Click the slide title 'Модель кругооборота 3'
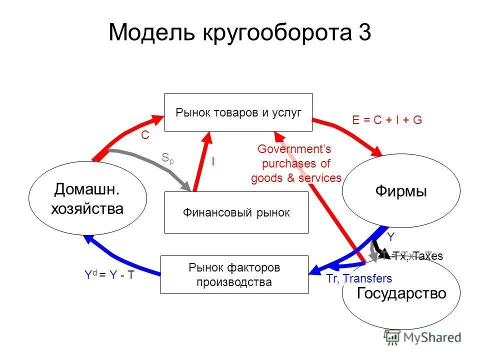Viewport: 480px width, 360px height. point(239,33)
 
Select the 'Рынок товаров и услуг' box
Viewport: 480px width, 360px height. point(238,112)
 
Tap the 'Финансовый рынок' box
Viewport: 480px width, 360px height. point(236,212)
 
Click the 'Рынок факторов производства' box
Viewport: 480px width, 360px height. point(234,274)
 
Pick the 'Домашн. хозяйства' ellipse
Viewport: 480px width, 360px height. point(87,198)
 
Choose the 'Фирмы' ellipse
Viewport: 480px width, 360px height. point(400,192)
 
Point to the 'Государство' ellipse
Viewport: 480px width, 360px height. point(401,293)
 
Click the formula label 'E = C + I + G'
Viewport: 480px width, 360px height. point(387,120)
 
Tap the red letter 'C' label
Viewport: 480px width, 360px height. point(145,135)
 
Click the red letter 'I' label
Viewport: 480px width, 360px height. point(213,161)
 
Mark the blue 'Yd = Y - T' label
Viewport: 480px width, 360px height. point(109,274)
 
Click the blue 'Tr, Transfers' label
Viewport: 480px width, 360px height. point(359,278)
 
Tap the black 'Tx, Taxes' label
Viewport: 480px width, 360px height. point(417,256)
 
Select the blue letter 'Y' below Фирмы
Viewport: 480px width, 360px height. point(391,236)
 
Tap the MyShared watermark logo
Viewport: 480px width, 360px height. point(422,337)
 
